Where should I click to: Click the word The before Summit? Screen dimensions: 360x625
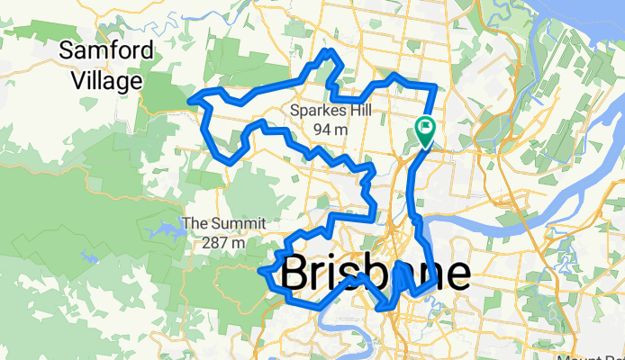pos(195,223)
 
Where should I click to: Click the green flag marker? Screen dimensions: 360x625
pos(424,129)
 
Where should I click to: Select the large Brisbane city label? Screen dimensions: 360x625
pos(375,274)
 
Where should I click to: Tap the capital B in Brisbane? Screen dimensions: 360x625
pos(298,274)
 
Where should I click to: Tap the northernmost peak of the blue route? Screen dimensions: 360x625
pos(331,50)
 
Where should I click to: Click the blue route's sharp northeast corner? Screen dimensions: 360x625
pos(436,85)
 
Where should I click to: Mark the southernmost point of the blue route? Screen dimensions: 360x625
pos(384,310)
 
